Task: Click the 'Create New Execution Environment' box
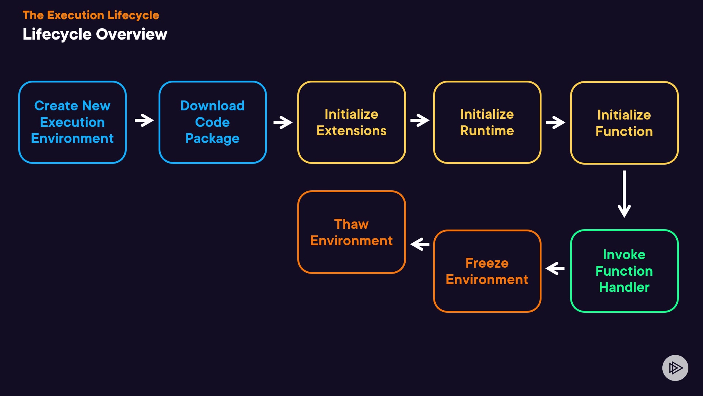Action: point(72,122)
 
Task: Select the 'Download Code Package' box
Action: point(212,122)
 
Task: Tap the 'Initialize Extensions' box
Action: point(351,122)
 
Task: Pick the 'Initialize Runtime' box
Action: point(487,122)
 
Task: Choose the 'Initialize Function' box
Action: point(624,123)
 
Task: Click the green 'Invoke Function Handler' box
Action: point(624,271)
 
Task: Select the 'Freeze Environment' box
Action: point(487,271)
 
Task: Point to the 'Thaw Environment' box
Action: point(351,232)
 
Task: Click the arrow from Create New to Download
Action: point(144,120)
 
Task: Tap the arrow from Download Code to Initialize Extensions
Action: point(283,122)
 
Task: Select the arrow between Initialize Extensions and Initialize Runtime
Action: point(420,120)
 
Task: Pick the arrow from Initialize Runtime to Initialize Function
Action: point(555,122)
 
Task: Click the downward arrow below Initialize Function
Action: point(624,194)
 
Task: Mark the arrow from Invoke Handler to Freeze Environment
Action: point(555,268)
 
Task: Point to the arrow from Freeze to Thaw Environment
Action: point(420,244)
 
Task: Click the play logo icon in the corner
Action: point(675,368)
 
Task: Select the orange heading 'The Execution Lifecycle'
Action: point(91,15)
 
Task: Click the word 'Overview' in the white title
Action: point(131,34)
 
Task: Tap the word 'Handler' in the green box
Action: point(624,287)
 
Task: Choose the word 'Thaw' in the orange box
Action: point(351,224)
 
